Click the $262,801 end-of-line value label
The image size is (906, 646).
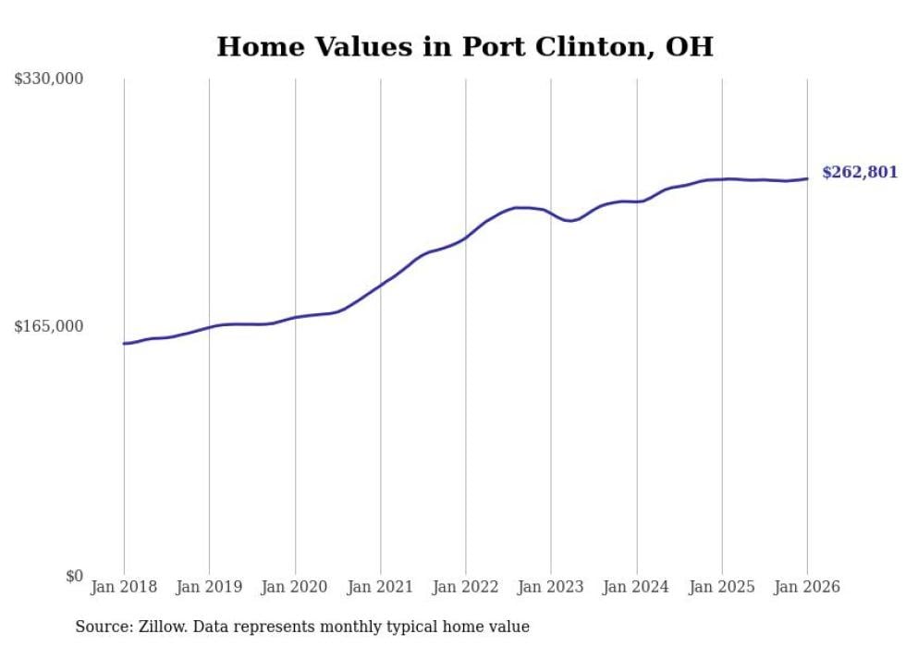(x=859, y=173)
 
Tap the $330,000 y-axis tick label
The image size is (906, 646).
(x=49, y=79)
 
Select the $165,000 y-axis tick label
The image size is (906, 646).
(x=49, y=326)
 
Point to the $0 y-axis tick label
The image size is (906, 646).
(x=74, y=576)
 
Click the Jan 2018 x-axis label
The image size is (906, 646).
(x=124, y=587)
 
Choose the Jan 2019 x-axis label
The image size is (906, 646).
(x=209, y=587)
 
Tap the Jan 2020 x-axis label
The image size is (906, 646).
(x=295, y=587)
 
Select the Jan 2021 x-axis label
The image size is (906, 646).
(x=380, y=587)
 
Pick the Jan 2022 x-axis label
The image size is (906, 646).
(x=465, y=587)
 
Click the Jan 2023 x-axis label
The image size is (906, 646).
(x=551, y=587)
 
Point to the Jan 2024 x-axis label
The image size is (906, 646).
(x=636, y=587)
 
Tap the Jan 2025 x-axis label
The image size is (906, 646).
(x=722, y=587)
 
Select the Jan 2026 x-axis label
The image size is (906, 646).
(x=807, y=587)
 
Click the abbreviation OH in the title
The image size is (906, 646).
(x=692, y=47)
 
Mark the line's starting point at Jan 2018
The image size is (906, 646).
(x=124, y=344)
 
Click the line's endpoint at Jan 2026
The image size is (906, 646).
(x=807, y=178)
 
